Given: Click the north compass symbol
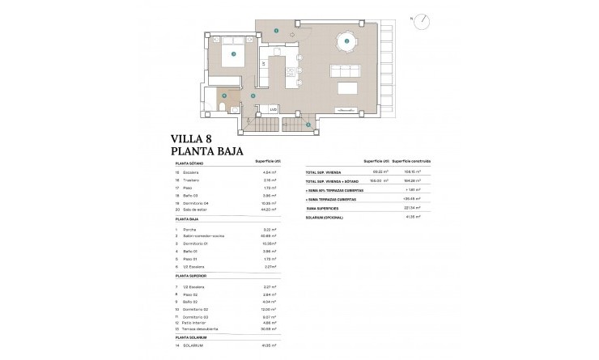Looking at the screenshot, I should click(421, 23).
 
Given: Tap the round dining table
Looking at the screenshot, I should click(346, 40).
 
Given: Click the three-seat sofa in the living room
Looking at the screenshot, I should click(349, 87).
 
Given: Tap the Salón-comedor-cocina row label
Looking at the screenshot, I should click(207, 235).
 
